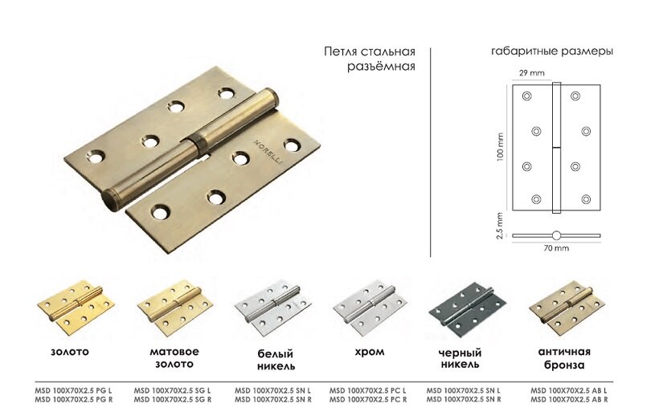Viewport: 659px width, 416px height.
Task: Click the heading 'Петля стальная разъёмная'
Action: [369, 59]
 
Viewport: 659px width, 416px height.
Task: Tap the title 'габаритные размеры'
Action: [552, 51]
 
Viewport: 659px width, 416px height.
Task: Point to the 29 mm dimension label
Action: [530, 74]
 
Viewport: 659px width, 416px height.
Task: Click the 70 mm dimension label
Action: [556, 249]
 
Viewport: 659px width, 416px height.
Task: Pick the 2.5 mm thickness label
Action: [500, 226]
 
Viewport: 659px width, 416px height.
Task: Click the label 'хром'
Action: [369, 352]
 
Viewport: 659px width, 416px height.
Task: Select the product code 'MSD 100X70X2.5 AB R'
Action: [569, 399]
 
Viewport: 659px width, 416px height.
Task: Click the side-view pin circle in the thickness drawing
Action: [556, 235]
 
